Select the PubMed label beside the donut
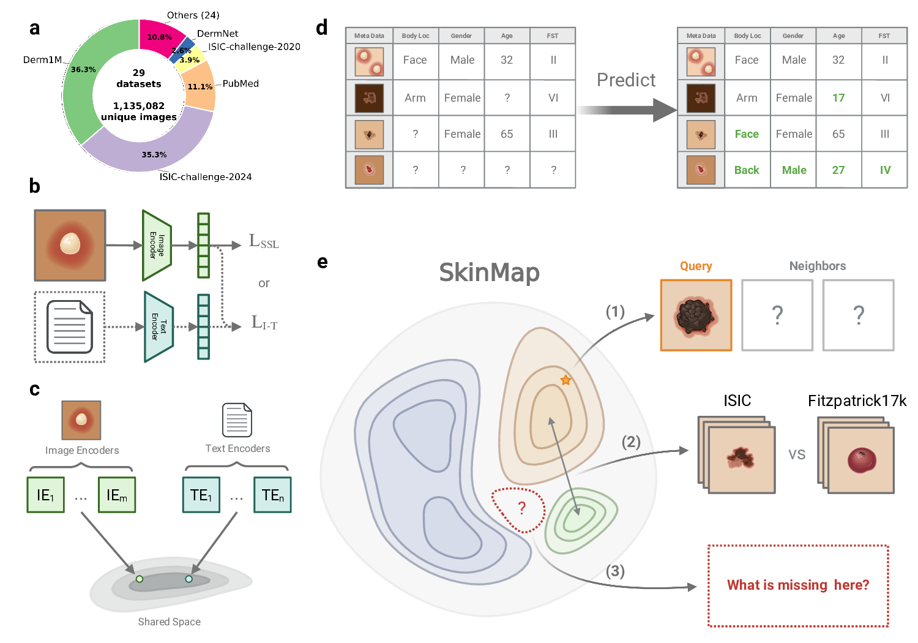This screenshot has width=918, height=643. [x=241, y=83]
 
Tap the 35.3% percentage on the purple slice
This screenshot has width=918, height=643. [x=154, y=155]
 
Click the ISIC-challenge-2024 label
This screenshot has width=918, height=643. [x=206, y=177]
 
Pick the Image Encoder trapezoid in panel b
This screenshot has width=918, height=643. [x=157, y=245]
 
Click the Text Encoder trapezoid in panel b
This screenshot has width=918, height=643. [x=159, y=326]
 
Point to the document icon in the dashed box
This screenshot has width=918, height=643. [x=70, y=326]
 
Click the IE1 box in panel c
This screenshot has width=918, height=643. [x=46, y=495]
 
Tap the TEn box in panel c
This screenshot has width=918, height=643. [x=272, y=495]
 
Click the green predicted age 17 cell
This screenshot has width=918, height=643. [x=838, y=98]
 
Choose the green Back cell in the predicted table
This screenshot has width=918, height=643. [x=747, y=170]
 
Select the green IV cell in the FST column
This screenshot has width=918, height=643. [x=885, y=170]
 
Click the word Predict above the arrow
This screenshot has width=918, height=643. [x=626, y=80]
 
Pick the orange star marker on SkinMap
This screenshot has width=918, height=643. [x=566, y=380]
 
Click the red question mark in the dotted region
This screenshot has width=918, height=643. [x=522, y=508]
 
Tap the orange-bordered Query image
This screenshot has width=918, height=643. [x=696, y=315]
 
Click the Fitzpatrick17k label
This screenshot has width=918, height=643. [x=857, y=400]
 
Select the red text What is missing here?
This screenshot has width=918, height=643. [x=798, y=585]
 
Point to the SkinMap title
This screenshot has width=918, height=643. [x=490, y=273]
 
